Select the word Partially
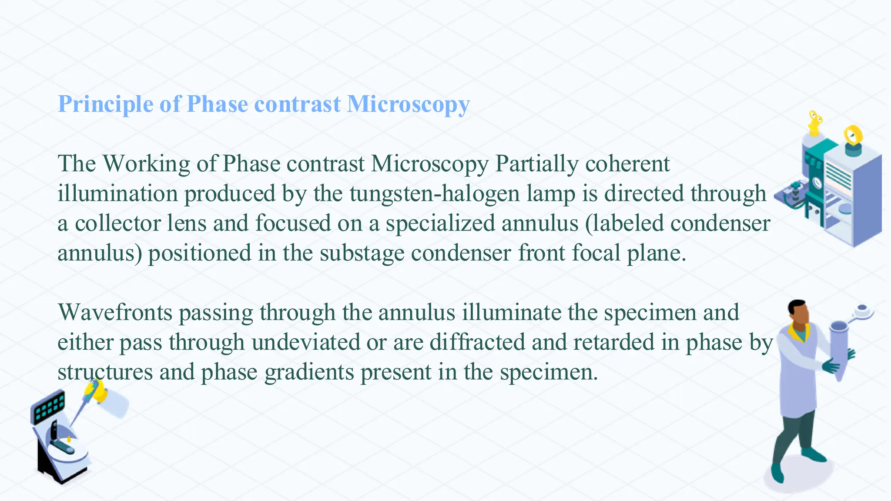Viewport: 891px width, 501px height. [536, 164]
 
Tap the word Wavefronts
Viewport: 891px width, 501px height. [115, 313]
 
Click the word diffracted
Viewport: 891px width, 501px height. [477, 342]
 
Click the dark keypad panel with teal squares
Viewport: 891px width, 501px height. [48, 407]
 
